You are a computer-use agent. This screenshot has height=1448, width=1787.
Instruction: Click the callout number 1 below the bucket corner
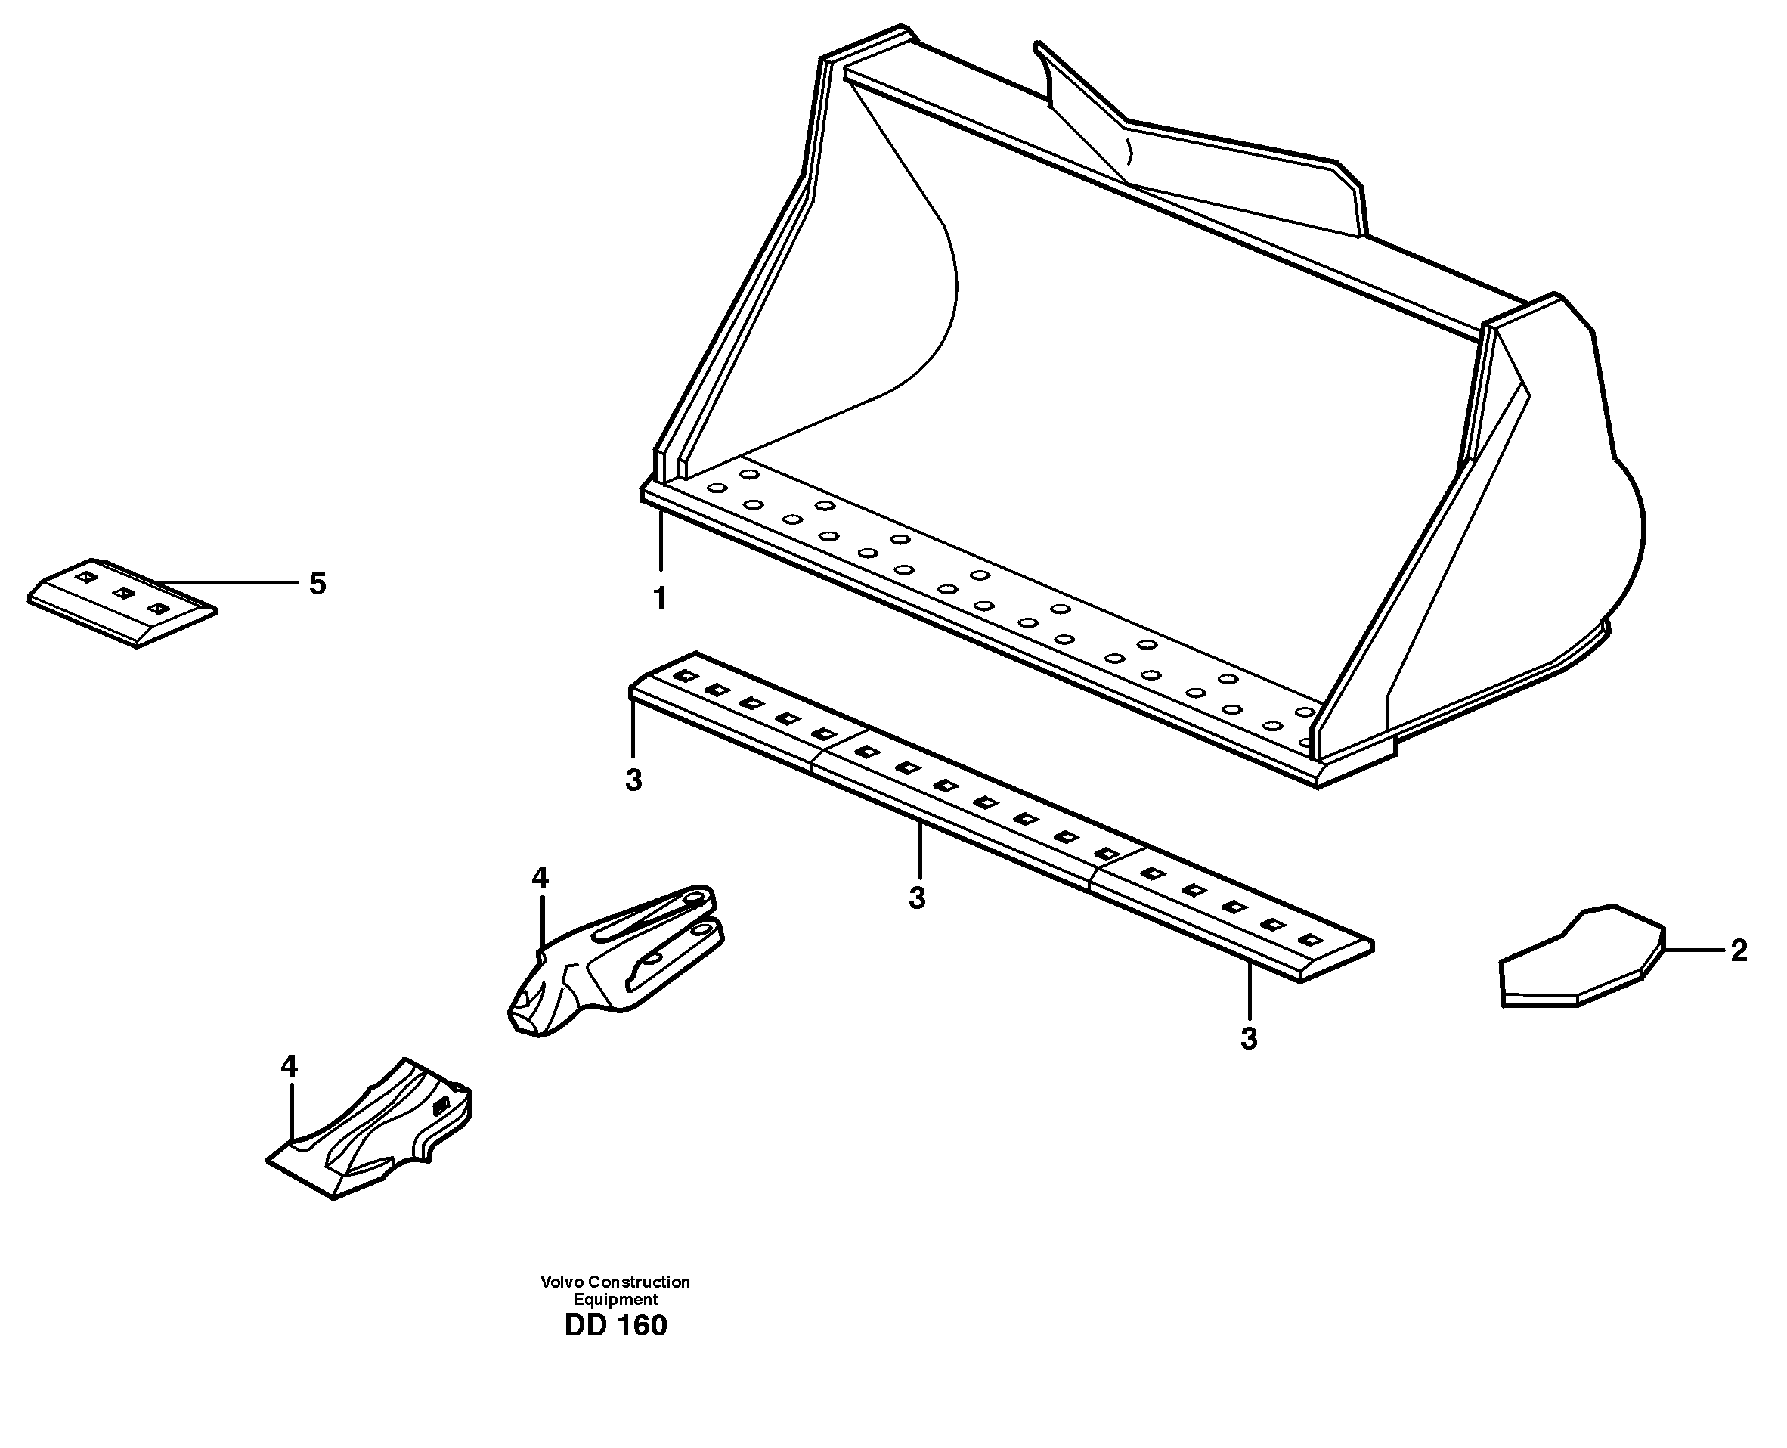tap(660, 598)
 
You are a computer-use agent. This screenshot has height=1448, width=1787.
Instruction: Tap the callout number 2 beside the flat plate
tap(1739, 951)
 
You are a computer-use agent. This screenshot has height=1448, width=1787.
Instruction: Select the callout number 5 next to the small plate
tap(317, 584)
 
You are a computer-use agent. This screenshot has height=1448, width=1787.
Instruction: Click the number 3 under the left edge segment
tap(633, 781)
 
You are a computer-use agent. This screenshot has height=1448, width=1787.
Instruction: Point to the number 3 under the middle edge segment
tap(917, 898)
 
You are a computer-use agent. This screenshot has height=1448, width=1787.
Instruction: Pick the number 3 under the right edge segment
tap(1248, 1038)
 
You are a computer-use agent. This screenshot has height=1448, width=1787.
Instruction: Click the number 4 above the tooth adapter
tap(540, 877)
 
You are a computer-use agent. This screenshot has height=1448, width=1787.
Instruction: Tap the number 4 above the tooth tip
tap(289, 1066)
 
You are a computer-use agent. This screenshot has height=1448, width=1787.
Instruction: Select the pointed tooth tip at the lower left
tap(367, 1134)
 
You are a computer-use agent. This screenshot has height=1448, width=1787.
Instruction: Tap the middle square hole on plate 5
tap(123, 593)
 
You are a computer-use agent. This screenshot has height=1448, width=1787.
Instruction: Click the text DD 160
tap(615, 1326)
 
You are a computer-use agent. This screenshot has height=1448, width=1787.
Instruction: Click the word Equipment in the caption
tap(615, 1300)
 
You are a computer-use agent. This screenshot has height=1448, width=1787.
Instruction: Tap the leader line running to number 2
tap(1693, 950)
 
